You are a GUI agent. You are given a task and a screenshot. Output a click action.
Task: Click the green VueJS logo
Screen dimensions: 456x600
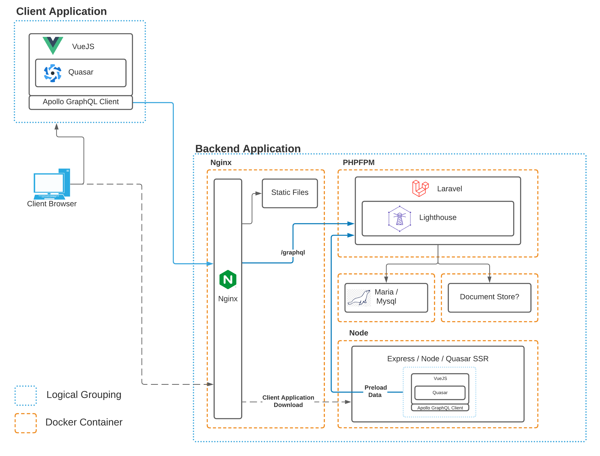click(x=53, y=45)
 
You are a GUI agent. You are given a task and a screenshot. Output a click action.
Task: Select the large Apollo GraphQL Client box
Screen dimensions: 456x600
click(x=81, y=102)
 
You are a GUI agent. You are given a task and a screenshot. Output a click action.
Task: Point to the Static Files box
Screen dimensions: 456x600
click(x=289, y=193)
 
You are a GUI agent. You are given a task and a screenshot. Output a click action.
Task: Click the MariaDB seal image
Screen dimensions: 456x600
click(x=359, y=298)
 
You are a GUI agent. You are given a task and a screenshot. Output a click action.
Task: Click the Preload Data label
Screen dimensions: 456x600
click(x=375, y=391)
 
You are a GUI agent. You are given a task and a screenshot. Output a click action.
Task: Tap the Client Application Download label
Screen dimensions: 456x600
click(x=288, y=401)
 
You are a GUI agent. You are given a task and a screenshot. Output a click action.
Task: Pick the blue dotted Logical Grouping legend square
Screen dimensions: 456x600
click(x=26, y=395)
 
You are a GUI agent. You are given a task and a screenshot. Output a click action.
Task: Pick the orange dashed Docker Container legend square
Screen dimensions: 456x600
click(x=26, y=423)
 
